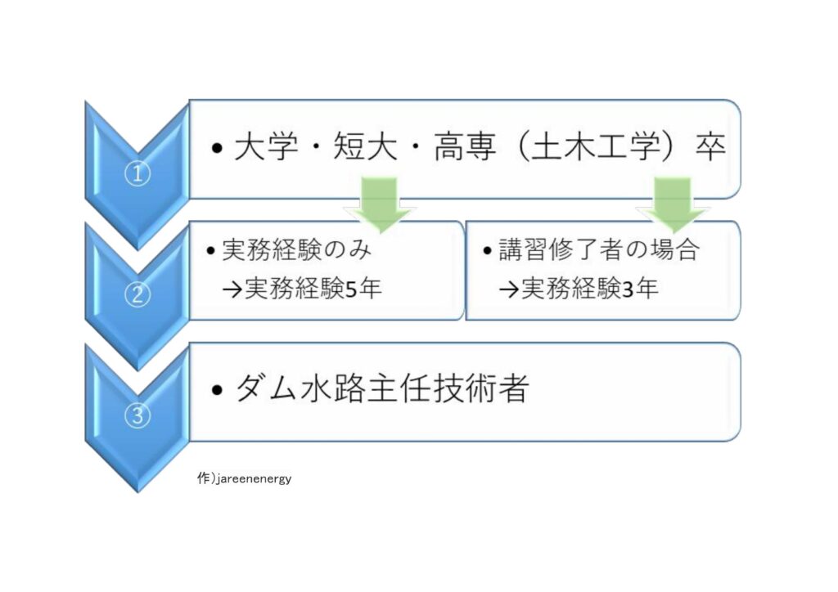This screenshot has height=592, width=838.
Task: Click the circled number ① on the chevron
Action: (137, 174)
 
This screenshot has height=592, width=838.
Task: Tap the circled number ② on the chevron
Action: (137, 294)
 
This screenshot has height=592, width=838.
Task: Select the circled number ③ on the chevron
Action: (137, 415)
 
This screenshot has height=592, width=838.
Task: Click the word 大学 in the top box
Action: (266, 147)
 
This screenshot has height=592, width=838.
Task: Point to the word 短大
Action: (366, 147)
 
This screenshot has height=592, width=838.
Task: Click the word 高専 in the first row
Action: (465, 147)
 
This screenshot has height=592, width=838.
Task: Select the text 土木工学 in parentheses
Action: (597, 147)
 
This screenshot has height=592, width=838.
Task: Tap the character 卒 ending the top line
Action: (710, 147)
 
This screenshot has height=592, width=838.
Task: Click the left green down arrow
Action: (380, 204)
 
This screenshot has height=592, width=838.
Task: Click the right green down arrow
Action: (673, 204)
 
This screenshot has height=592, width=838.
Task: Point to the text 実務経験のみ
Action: (296, 250)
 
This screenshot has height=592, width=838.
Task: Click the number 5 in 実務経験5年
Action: (351, 289)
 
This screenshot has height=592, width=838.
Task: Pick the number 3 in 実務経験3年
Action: (628, 289)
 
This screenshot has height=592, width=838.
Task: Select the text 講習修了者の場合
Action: (598, 249)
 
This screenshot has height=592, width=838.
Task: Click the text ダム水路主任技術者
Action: (382, 388)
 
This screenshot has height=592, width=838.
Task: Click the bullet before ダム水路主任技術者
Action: (216, 390)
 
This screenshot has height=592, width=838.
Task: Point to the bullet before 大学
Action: (216, 148)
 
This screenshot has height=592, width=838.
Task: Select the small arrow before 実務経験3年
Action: (509, 289)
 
